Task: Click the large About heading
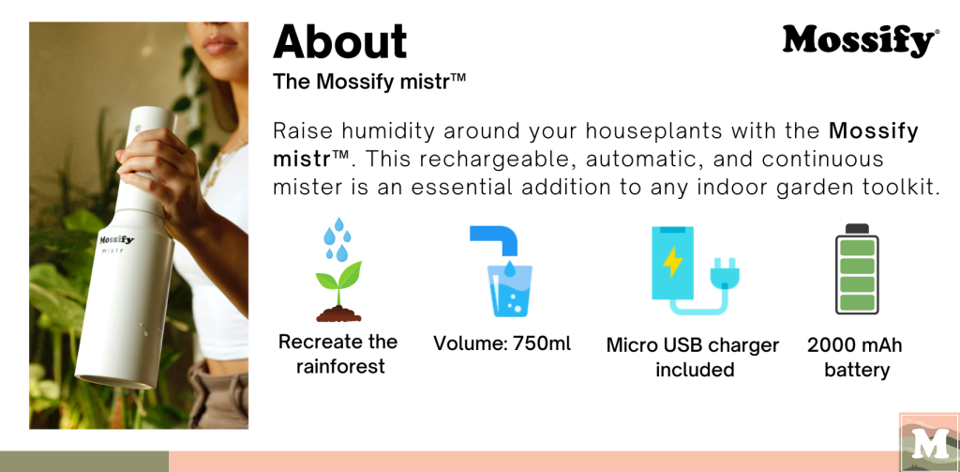click(x=339, y=41)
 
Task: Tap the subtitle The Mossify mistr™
click(x=369, y=82)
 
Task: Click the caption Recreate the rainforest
click(x=338, y=354)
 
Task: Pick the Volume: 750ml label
click(x=502, y=343)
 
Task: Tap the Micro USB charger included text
click(x=693, y=357)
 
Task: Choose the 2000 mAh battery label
click(x=855, y=357)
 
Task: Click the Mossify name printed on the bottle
click(x=116, y=240)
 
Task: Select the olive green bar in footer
click(x=83, y=461)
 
